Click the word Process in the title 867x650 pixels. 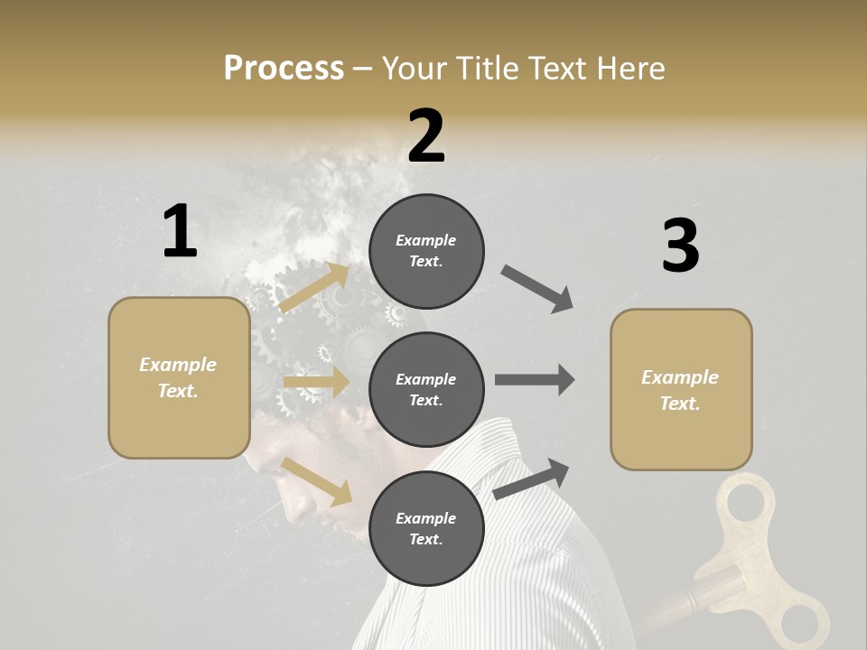[x=284, y=69]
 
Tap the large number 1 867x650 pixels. [x=180, y=232]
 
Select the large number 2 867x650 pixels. [x=426, y=136]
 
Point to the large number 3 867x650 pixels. [x=680, y=246]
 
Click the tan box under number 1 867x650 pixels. [x=179, y=377]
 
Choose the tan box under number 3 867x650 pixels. [x=681, y=389]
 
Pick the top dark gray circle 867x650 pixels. [x=426, y=251]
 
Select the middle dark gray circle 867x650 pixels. [x=426, y=389]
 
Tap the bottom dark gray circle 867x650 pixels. [x=426, y=528]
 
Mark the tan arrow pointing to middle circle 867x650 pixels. [x=317, y=382]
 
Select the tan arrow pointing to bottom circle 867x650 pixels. [x=317, y=481]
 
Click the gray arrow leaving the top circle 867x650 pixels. [x=537, y=289]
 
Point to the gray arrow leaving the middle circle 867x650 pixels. [x=535, y=380]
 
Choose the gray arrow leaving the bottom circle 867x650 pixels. [x=532, y=478]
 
